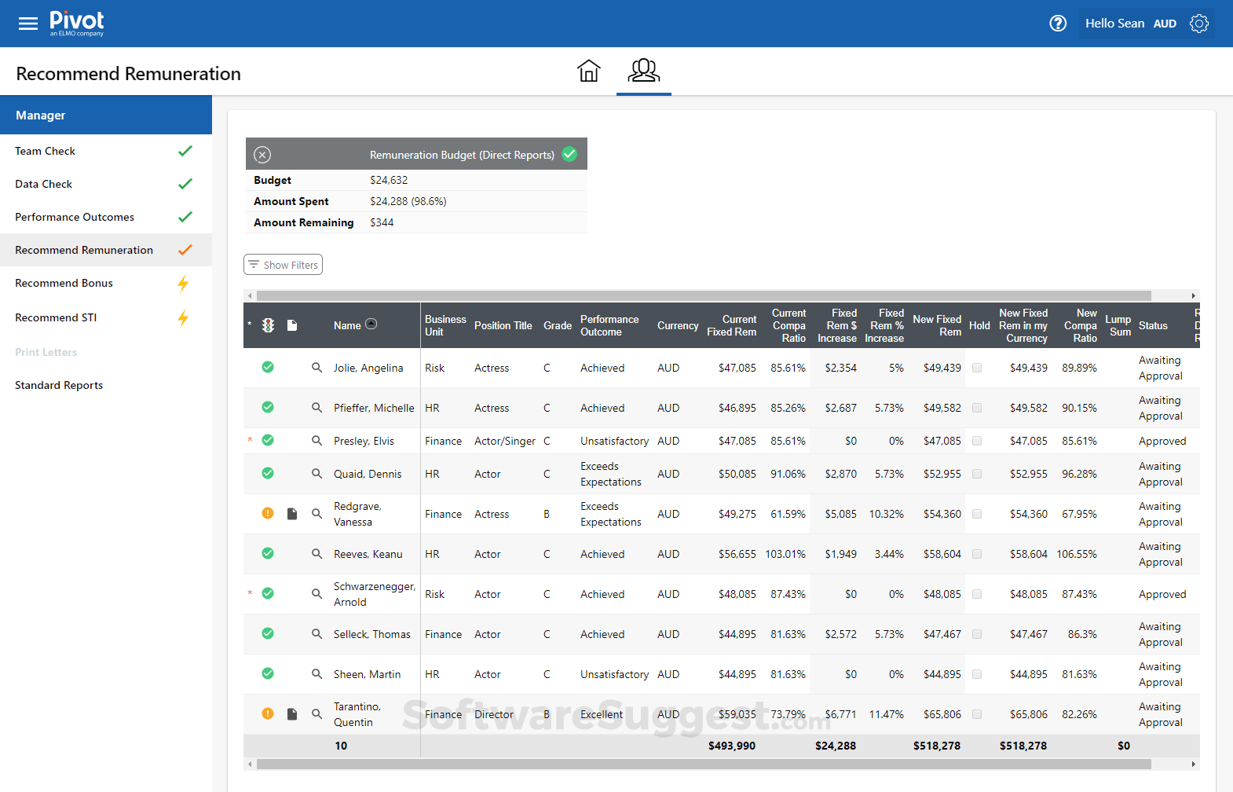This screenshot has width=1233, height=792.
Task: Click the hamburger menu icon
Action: pyautogui.click(x=28, y=24)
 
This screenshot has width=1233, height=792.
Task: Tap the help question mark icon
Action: pyautogui.click(x=1058, y=24)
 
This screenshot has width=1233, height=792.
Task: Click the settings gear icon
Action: pyautogui.click(x=1198, y=24)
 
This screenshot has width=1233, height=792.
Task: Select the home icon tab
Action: pyautogui.click(x=588, y=71)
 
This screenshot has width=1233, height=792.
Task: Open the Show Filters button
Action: pyautogui.click(x=283, y=265)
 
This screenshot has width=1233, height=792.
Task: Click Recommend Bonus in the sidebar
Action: pyautogui.click(x=64, y=284)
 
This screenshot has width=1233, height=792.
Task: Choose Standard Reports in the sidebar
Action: pyautogui.click(x=59, y=386)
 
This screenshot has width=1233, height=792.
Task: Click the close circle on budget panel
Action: pyautogui.click(x=262, y=155)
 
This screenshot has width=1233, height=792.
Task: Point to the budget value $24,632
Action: pyautogui.click(x=389, y=181)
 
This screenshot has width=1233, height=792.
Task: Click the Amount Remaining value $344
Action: pyautogui.click(x=382, y=223)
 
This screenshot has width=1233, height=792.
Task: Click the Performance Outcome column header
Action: pyautogui.click(x=609, y=325)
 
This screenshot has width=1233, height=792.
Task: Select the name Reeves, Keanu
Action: pyautogui.click(x=368, y=555)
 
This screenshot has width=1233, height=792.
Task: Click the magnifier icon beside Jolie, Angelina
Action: pyautogui.click(x=316, y=368)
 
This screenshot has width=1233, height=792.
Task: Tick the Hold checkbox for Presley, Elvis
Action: pyautogui.click(x=977, y=442)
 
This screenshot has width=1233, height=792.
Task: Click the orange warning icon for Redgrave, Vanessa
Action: pyautogui.click(x=268, y=514)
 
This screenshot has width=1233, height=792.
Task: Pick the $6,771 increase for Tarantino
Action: pyautogui.click(x=840, y=715)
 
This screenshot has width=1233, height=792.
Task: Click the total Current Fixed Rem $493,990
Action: pyautogui.click(x=731, y=746)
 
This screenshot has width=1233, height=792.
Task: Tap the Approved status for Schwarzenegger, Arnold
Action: pyautogui.click(x=1162, y=595)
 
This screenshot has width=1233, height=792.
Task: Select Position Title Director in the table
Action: pyautogui.click(x=493, y=715)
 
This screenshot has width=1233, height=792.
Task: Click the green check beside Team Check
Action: pyautogui.click(x=185, y=151)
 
